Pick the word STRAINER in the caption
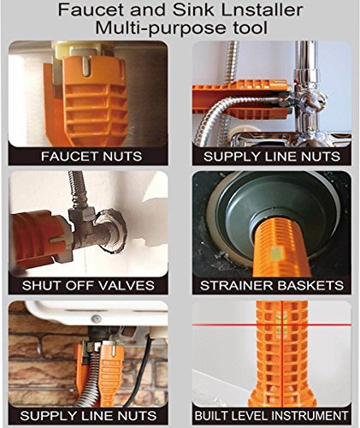(x=234, y=285)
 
